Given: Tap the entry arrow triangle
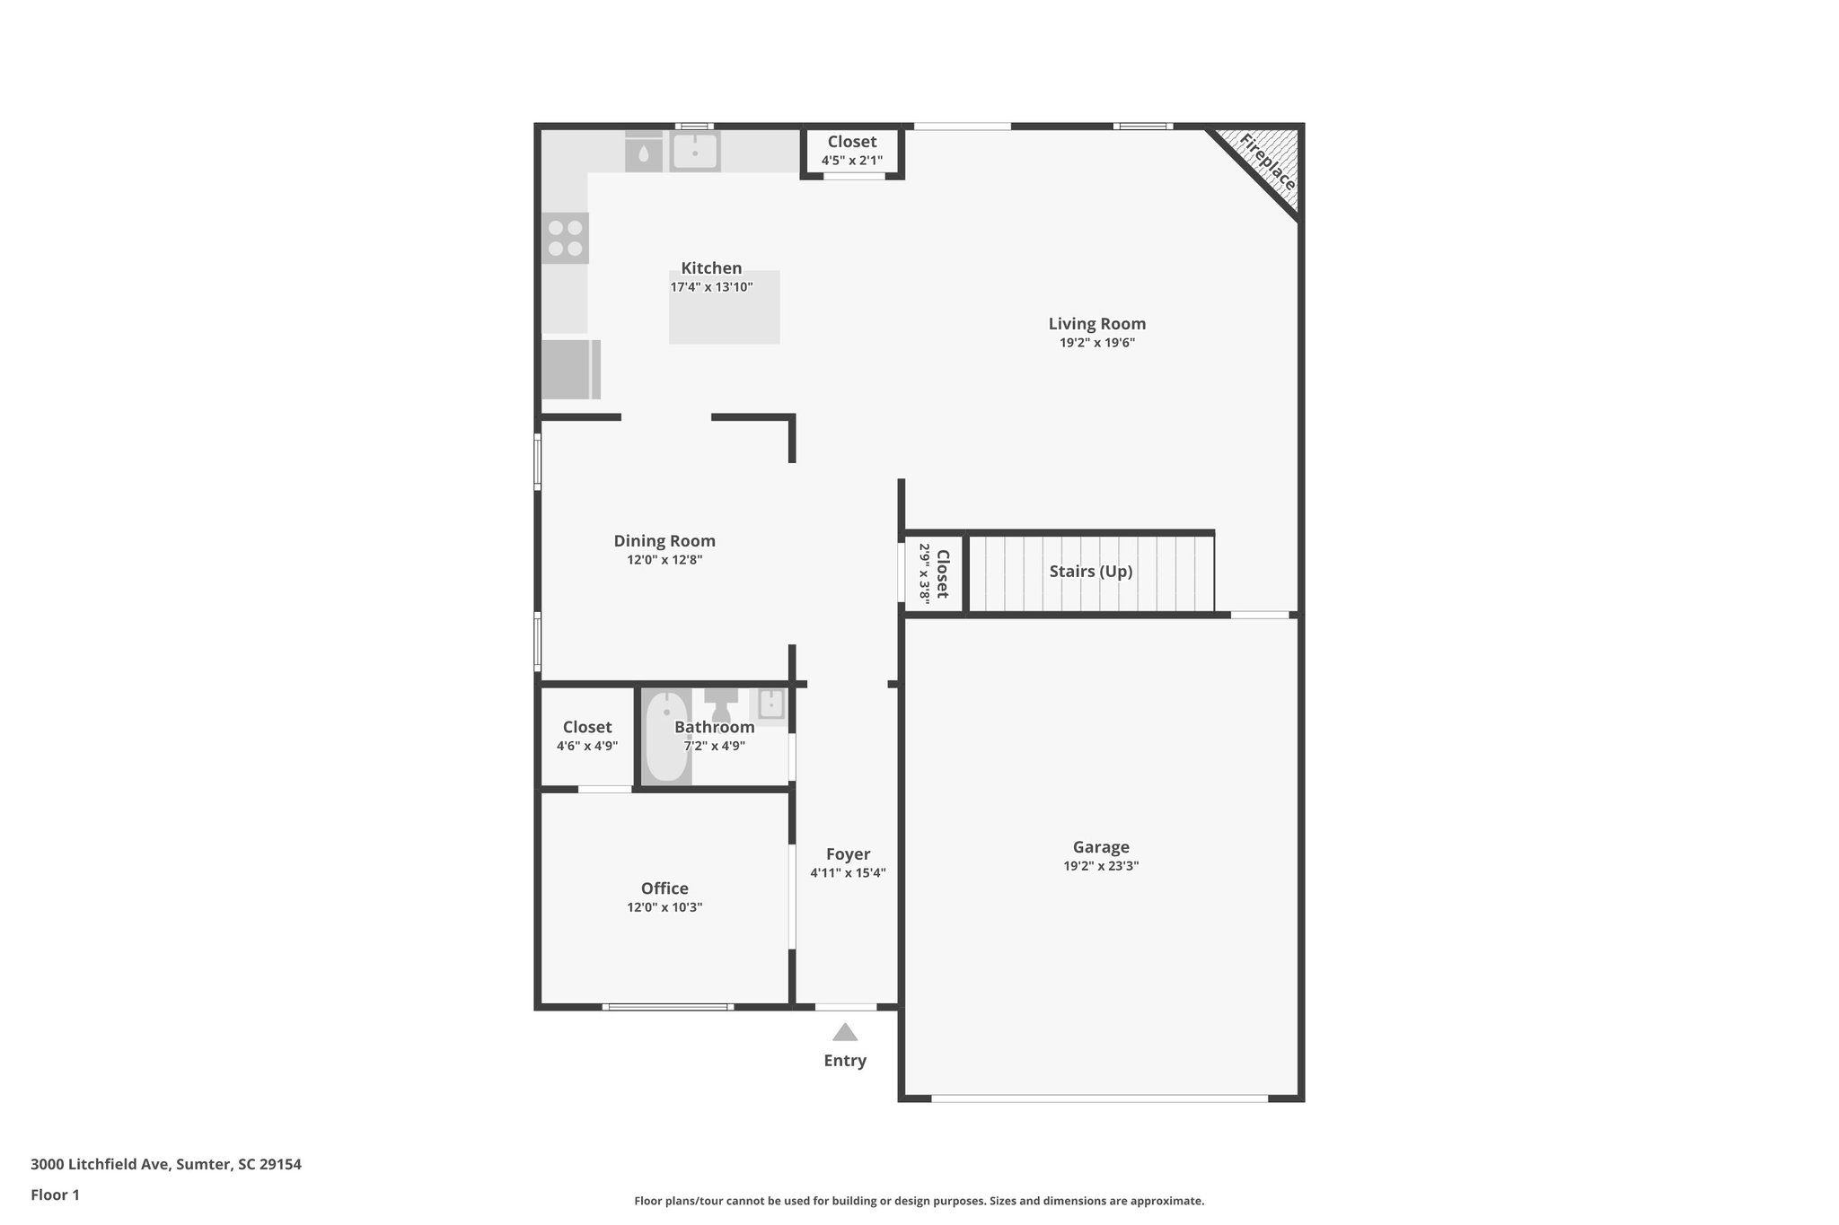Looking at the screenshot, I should click(845, 1032).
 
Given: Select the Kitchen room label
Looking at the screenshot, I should click(711, 267).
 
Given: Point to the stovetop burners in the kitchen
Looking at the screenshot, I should click(565, 238).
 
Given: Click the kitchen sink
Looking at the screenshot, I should click(695, 152).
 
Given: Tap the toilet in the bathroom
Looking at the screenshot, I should click(721, 702).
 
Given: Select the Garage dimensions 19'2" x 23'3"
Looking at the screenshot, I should click(1101, 866).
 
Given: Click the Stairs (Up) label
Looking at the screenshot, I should click(1091, 572).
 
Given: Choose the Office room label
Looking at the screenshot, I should click(664, 888).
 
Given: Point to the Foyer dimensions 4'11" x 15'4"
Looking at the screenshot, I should click(848, 873).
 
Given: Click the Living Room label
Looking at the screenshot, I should click(1097, 324).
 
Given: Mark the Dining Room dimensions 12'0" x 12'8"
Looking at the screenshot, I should click(664, 560).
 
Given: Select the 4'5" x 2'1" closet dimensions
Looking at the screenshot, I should click(852, 161).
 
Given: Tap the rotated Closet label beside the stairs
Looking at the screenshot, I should click(942, 574).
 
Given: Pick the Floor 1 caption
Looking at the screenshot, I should click(56, 1194).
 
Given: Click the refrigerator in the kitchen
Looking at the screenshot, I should click(570, 369).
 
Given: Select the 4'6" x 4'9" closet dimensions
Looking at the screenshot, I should click(587, 746).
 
